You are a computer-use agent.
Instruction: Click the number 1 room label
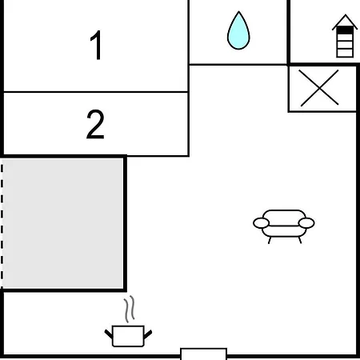[96, 45]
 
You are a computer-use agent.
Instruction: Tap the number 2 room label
[95, 124]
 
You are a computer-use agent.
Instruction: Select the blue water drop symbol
[238, 30]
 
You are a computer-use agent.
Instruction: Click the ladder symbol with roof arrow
[345, 36]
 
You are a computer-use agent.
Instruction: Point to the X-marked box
[322, 89]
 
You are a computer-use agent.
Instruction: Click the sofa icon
[284, 226]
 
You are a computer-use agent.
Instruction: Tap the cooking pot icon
[128, 336]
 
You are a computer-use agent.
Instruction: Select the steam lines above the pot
[130, 309]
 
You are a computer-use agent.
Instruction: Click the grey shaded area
[63, 223]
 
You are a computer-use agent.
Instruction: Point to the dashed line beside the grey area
[2, 226]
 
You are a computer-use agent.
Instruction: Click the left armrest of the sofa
[261, 223]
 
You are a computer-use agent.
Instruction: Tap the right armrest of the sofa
[306, 223]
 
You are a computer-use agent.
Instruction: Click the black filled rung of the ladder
[345, 30]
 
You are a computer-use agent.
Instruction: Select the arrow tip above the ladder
[345, 15]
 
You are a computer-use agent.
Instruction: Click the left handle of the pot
[109, 334]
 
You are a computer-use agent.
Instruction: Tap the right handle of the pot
[148, 334]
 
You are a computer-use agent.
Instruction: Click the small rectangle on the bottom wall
[204, 354]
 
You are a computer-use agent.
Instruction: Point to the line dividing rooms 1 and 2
[96, 92]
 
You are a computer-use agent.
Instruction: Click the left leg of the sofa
[270, 240]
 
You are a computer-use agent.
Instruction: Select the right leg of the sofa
[300, 240]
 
